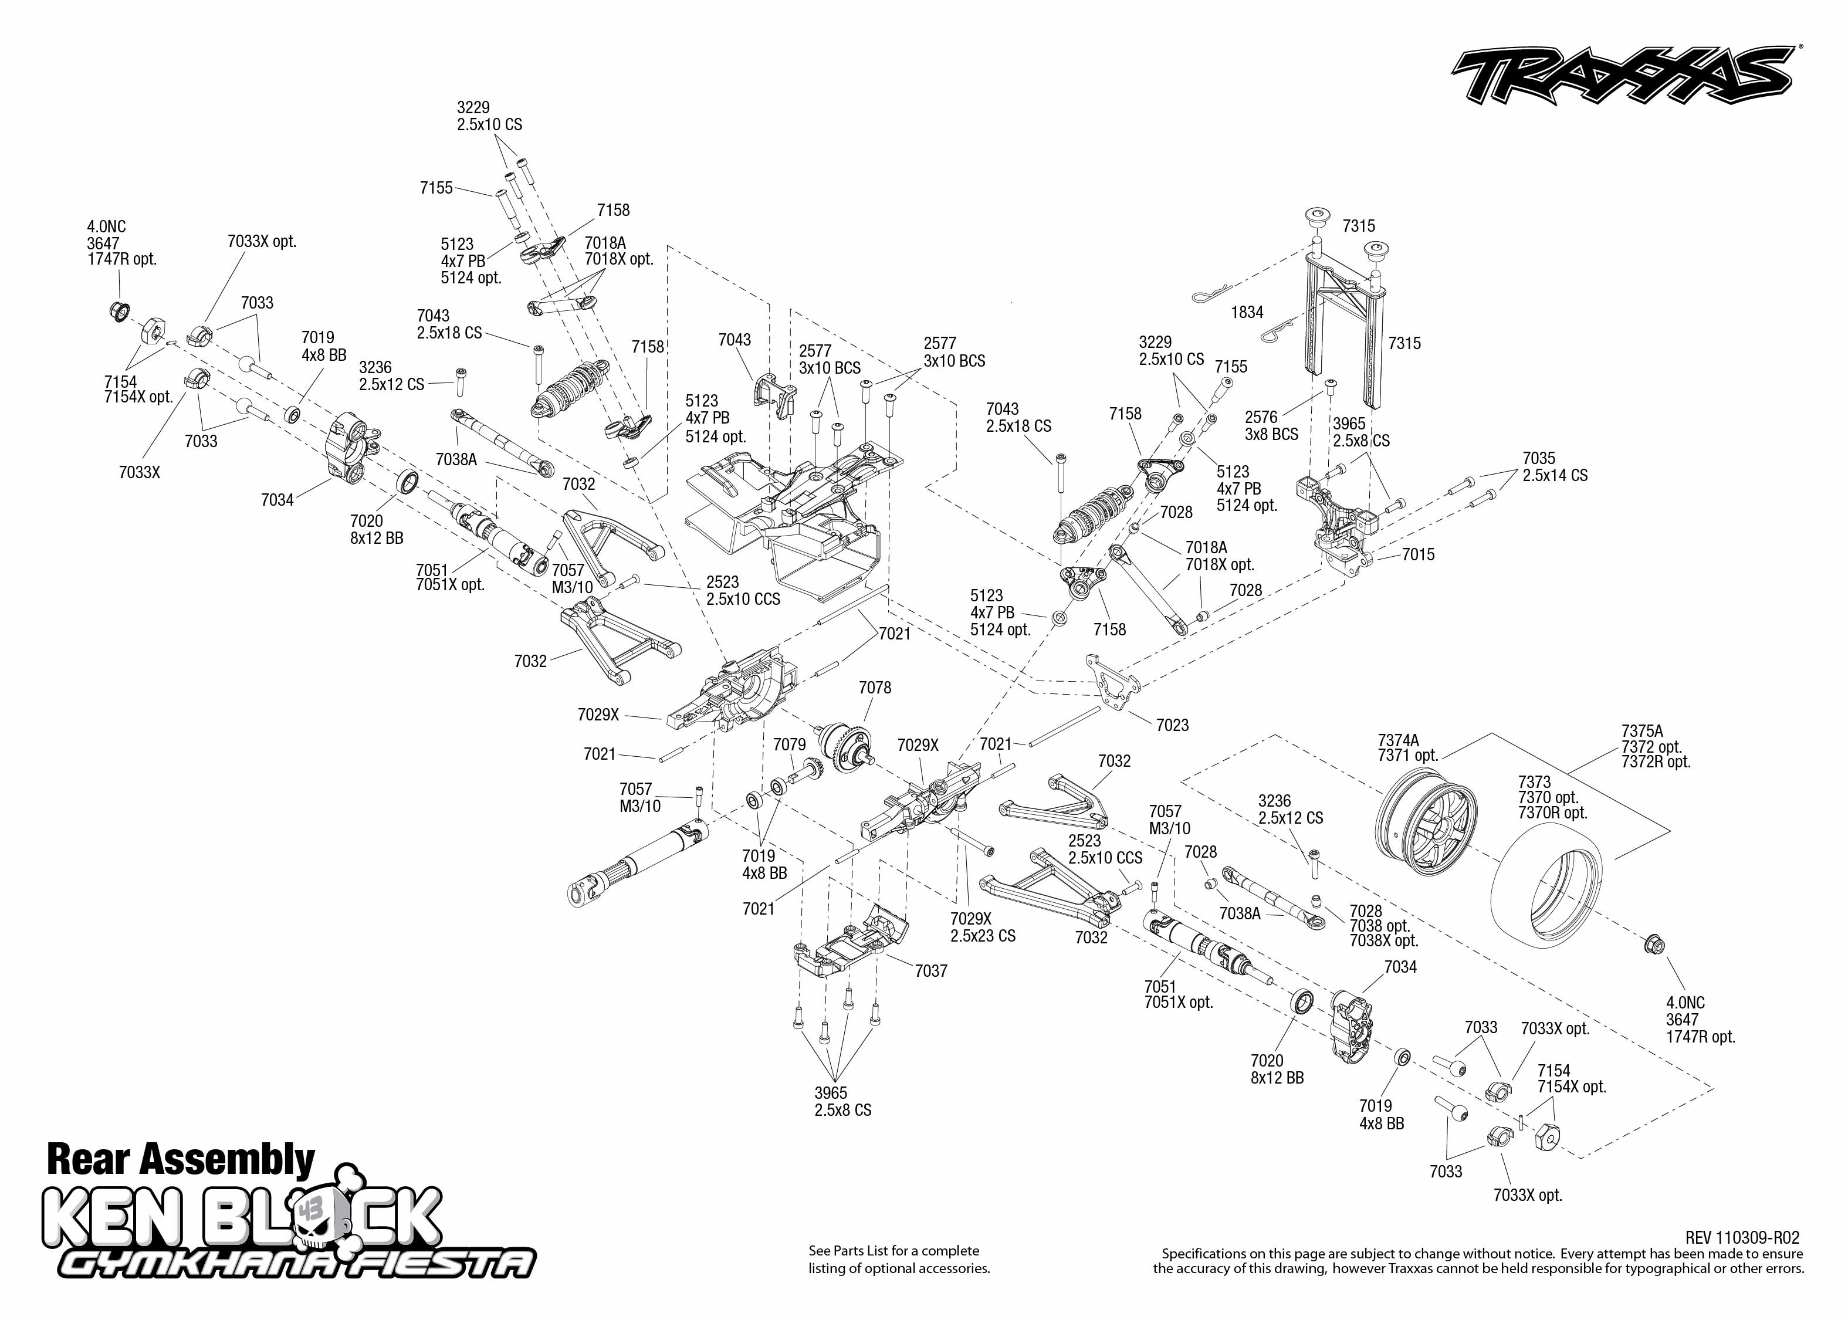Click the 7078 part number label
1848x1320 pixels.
coord(875,688)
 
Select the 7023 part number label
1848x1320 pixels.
coord(1172,725)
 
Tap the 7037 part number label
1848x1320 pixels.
coord(930,970)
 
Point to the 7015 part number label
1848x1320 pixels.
coord(1418,554)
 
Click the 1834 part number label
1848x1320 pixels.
coord(1247,312)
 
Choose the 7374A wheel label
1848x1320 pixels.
coord(1398,740)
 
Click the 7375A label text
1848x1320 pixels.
coord(1641,731)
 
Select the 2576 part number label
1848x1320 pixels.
coord(1260,417)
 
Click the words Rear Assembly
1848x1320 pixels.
coord(181,1159)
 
